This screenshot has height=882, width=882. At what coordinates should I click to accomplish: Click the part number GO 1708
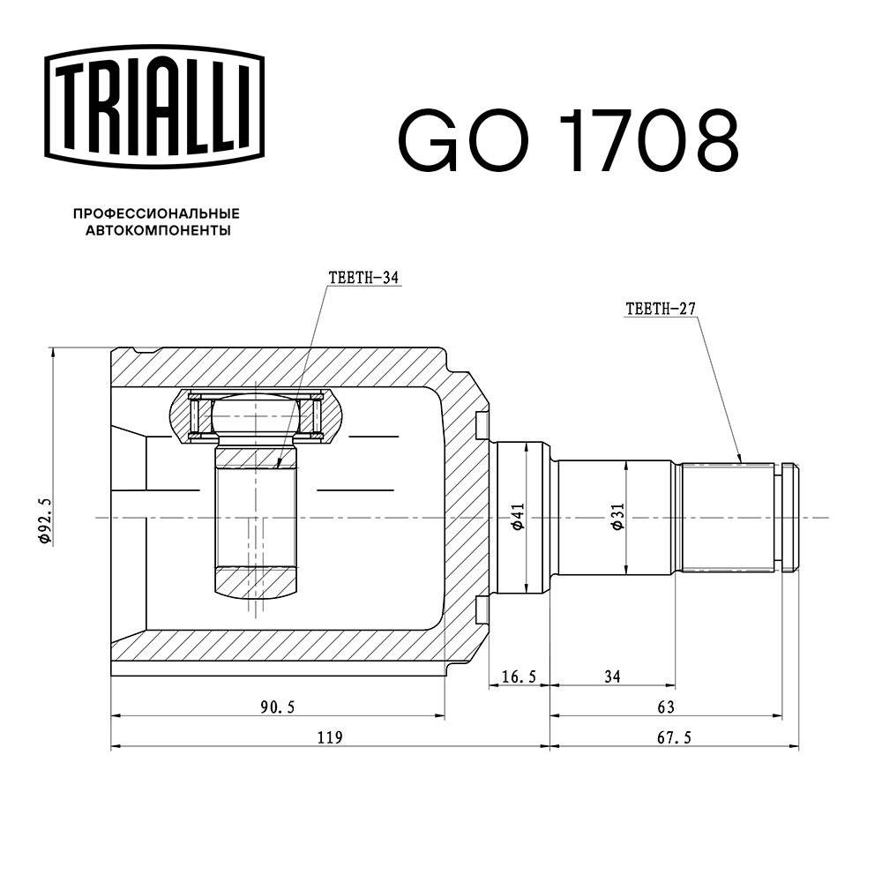click(x=567, y=141)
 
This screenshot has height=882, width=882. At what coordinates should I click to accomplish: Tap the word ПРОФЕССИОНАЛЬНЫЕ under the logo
click(x=156, y=213)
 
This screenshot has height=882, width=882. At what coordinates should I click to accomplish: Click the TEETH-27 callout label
click(x=661, y=309)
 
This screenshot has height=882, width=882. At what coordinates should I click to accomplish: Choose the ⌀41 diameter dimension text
click(x=519, y=517)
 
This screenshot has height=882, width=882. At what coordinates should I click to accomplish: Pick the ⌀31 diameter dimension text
click(x=617, y=517)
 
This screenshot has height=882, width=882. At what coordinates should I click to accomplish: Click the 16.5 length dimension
click(x=519, y=676)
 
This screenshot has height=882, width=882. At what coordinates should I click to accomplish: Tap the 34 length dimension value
click(x=613, y=676)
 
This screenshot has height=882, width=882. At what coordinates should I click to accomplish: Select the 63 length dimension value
click(x=666, y=706)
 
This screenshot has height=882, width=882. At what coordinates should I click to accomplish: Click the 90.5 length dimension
click(x=277, y=706)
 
